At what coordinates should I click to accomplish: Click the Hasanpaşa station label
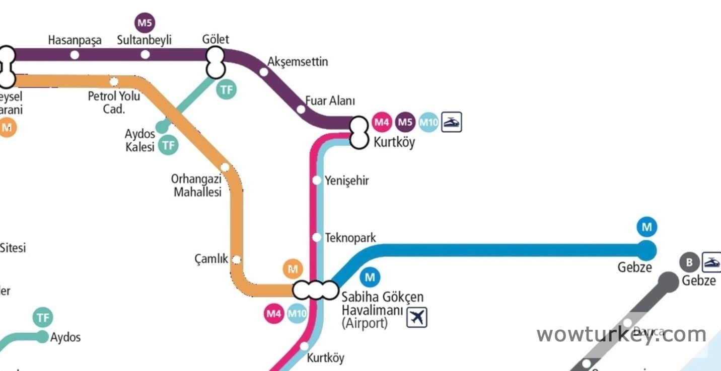click(75, 40)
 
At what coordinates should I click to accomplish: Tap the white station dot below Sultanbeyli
click(145, 54)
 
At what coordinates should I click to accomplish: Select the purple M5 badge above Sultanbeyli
click(145, 23)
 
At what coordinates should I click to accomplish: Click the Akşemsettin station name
click(298, 62)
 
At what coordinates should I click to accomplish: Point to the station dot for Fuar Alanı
click(301, 109)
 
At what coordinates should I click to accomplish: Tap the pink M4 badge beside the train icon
click(382, 122)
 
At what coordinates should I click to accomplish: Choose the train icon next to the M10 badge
click(451, 122)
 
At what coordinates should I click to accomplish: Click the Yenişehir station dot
click(317, 180)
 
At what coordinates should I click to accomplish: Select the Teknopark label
click(350, 238)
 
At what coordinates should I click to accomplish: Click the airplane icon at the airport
click(416, 317)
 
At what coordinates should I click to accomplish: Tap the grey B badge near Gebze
click(689, 262)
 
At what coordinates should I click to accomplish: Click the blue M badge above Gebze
click(646, 227)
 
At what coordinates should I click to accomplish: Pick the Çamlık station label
click(211, 259)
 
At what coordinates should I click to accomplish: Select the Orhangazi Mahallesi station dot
click(225, 167)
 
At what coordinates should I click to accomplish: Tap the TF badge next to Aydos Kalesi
click(169, 146)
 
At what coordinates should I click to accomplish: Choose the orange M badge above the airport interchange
click(293, 269)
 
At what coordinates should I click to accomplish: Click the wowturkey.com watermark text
click(621, 334)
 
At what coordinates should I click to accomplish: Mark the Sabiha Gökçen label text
click(383, 297)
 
